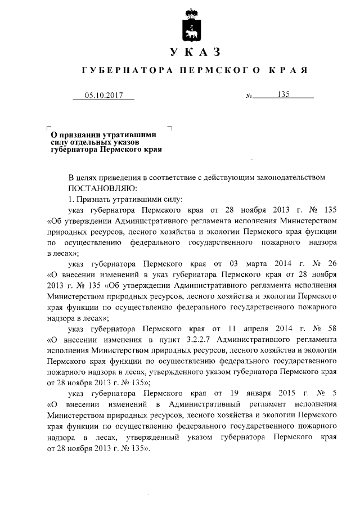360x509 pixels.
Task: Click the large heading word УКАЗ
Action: (194, 52)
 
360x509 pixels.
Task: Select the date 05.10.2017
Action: (103, 96)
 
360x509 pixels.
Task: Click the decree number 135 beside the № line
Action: (283, 95)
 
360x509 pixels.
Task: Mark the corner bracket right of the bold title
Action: (169, 128)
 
